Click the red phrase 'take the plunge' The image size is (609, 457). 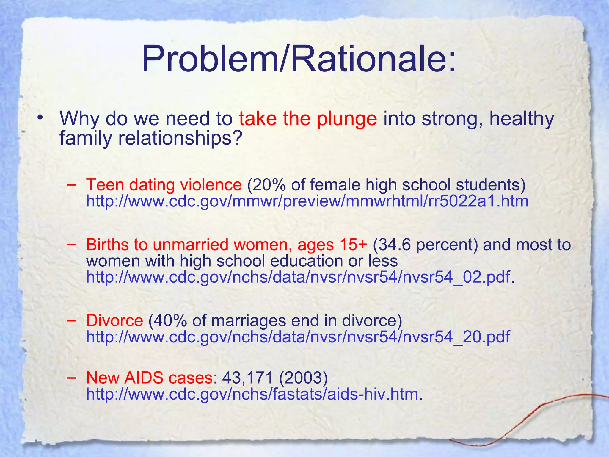[x=308, y=119]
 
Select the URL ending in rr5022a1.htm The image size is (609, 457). [x=307, y=201]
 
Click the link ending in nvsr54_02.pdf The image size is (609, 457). [x=298, y=277]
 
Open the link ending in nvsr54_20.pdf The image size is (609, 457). [x=298, y=337]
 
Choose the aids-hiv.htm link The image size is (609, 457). [x=252, y=394]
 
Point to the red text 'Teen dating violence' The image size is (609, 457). [x=164, y=185]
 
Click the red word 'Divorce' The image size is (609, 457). [x=114, y=321]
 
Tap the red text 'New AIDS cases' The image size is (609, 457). [x=149, y=378]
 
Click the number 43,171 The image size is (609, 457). [x=247, y=378]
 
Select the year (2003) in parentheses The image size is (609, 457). [x=303, y=378]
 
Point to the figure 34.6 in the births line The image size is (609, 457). [x=395, y=245]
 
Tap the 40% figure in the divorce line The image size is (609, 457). [x=170, y=321]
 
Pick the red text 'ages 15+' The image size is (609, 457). [x=332, y=245]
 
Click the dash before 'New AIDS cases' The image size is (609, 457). [x=71, y=377]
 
